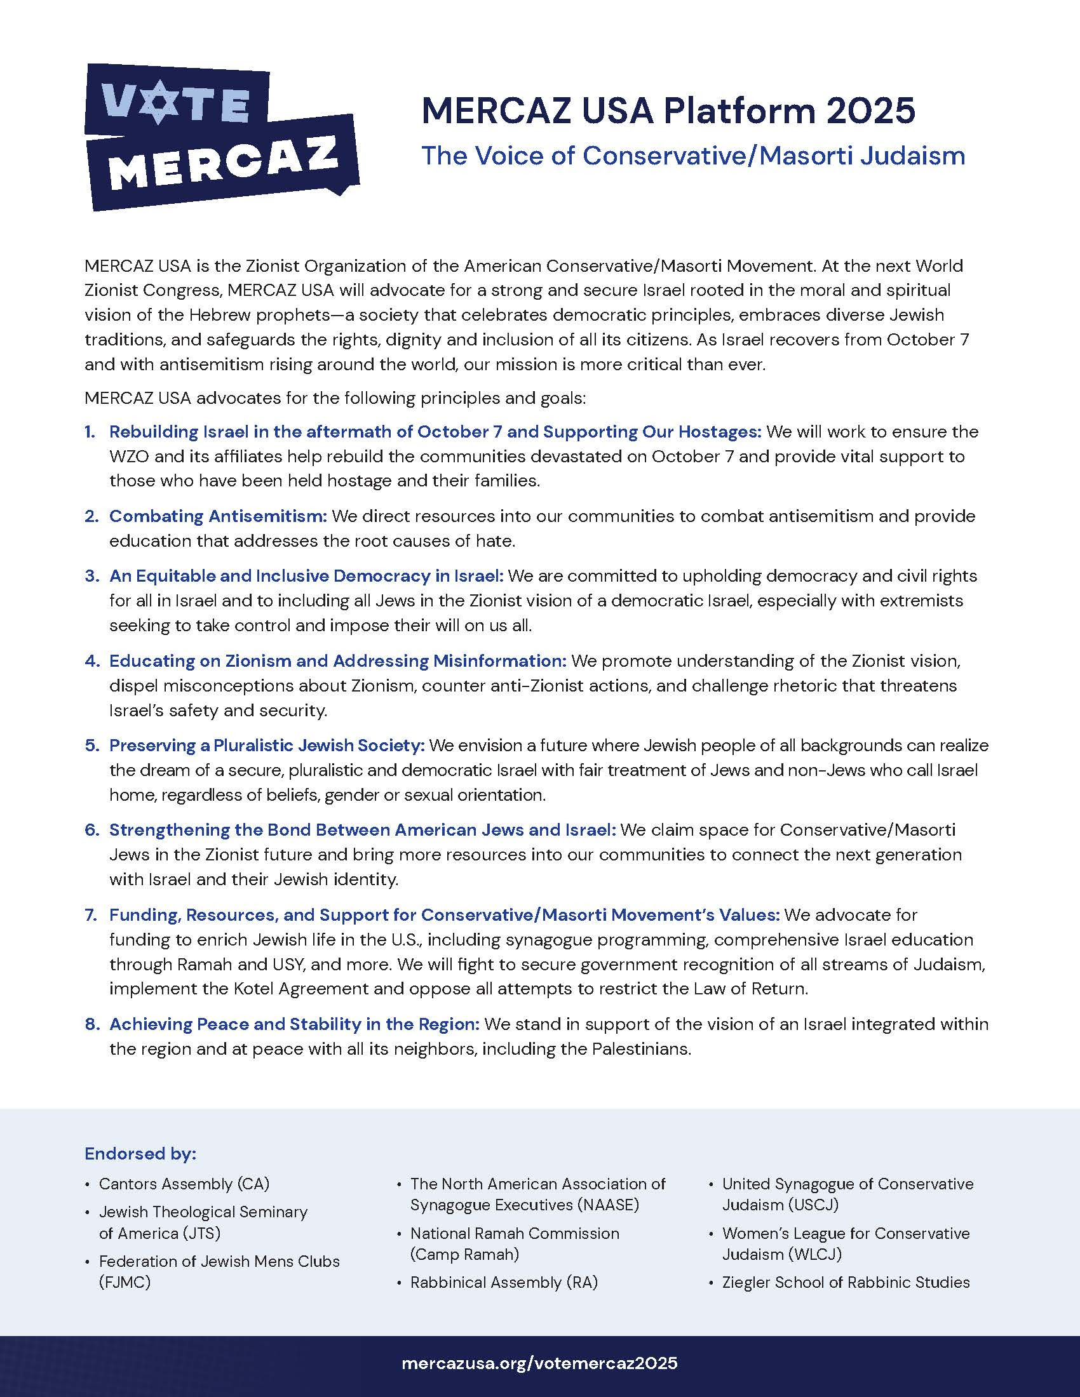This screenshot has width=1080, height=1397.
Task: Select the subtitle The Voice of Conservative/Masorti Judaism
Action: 693,156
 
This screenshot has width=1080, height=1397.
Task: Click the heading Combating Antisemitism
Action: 218,516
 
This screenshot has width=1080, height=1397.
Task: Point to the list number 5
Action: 91,745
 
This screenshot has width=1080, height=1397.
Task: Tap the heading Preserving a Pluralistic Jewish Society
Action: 267,745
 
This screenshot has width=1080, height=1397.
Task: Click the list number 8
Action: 91,1024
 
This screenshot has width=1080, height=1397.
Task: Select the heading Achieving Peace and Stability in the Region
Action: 294,1024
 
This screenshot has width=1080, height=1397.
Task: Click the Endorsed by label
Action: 140,1154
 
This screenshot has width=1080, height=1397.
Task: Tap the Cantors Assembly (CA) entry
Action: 184,1184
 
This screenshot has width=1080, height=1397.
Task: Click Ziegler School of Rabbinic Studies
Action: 846,1283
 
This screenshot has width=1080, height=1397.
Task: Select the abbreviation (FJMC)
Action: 125,1283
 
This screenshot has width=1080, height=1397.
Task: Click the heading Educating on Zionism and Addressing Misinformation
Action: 338,661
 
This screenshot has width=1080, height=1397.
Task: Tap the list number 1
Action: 90,432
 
